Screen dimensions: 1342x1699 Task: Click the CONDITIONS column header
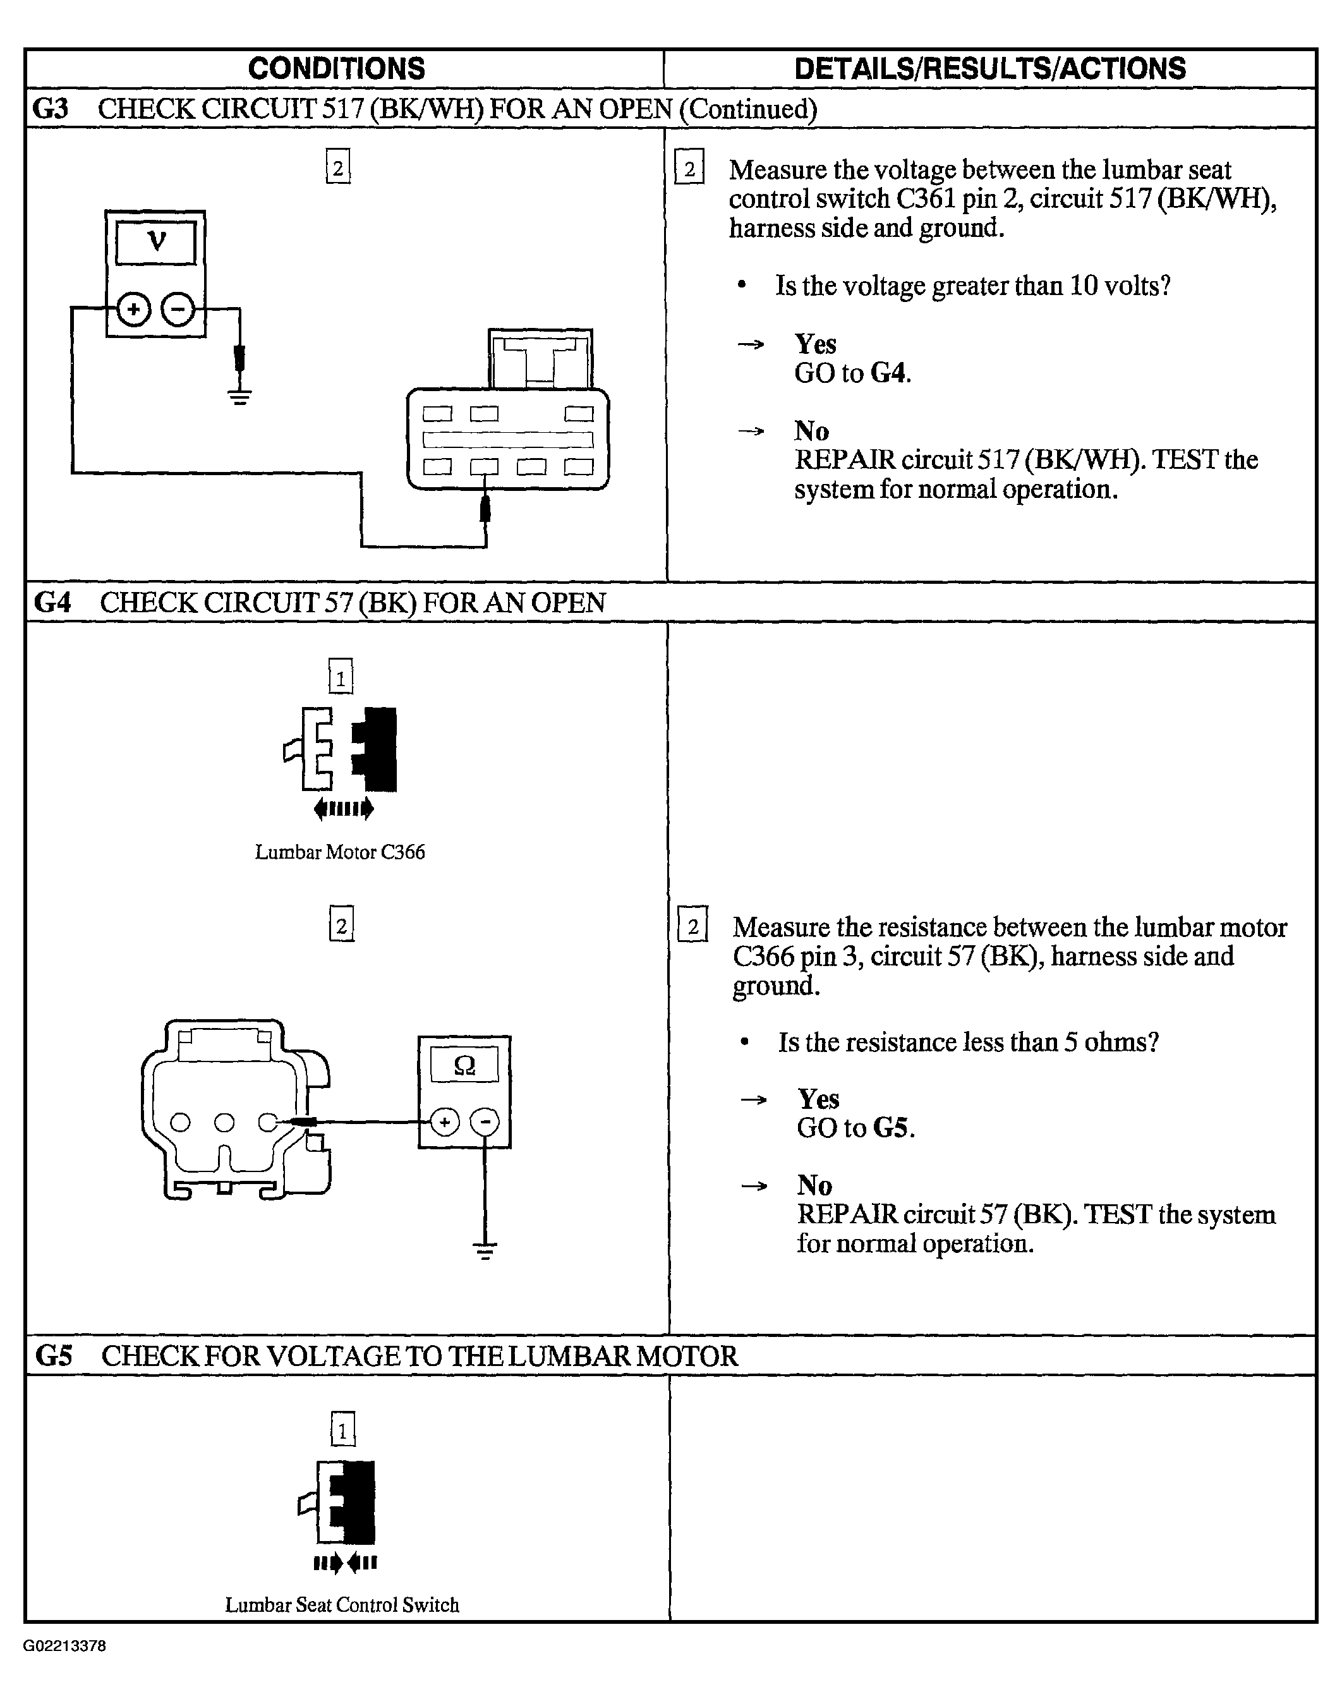[x=336, y=68]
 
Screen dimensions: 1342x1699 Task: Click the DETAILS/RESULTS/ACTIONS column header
[x=990, y=68]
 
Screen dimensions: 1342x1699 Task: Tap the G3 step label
[x=51, y=109]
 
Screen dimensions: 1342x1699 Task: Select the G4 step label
[x=52, y=603]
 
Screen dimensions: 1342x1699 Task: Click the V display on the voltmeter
[x=155, y=242]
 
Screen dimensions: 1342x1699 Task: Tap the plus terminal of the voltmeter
[x=133, y=309]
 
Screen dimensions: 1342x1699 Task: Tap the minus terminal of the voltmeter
[x=178, y=309]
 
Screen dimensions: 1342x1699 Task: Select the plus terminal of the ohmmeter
[x=445, y=1122]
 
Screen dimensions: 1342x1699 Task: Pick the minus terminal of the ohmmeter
[x=485, y=1122]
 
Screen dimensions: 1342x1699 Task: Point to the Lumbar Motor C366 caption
[x=339, y=852]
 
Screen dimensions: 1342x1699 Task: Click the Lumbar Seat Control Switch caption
[x=342, y=1605]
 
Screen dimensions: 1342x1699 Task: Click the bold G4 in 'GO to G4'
[x=890, y=373]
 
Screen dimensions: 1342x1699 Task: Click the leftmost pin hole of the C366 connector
[x=181, y=1122]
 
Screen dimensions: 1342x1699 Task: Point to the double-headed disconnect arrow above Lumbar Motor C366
[x=343, y=809]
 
